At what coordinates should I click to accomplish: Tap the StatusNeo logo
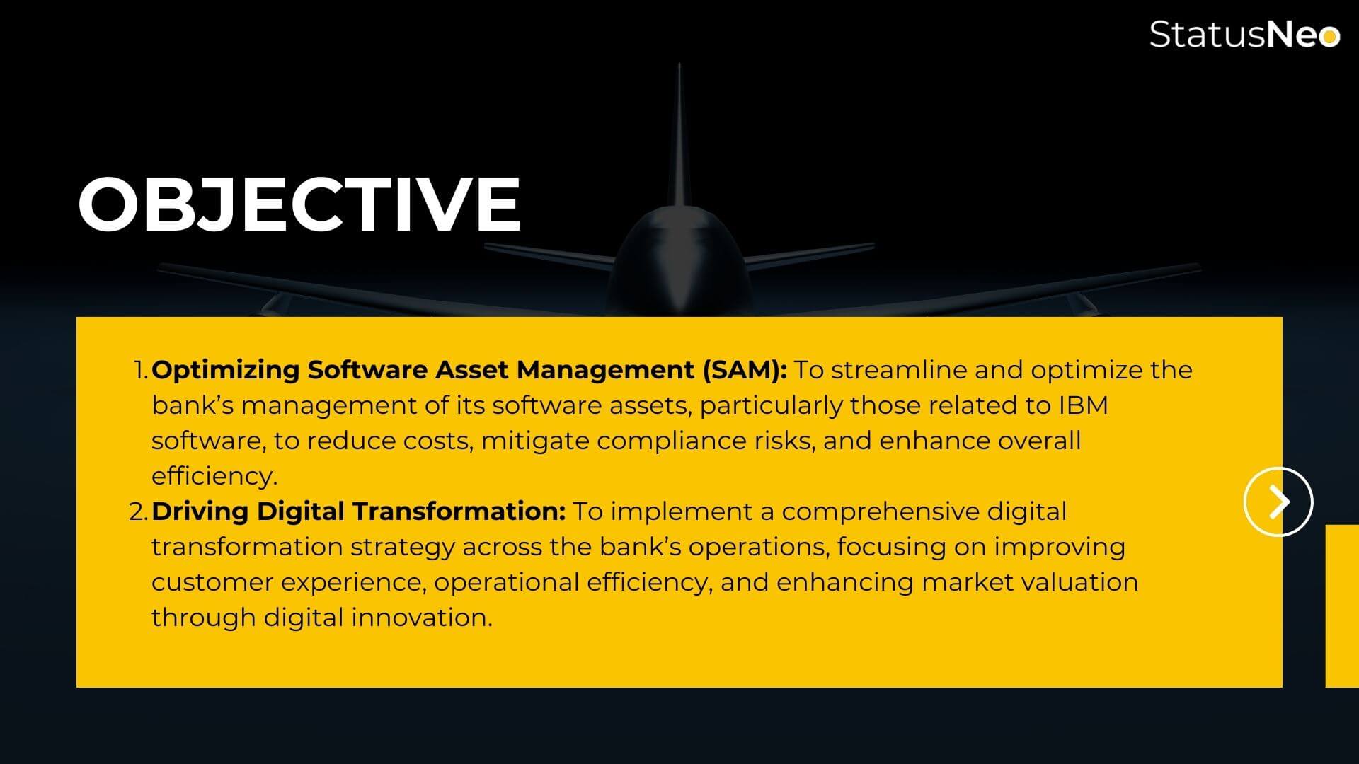(1244, 34)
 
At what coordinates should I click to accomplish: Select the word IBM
(1083, 405)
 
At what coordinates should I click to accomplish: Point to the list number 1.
(141, 370)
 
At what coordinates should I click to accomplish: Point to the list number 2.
(139, 511)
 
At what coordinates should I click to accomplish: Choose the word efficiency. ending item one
(214, 476)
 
